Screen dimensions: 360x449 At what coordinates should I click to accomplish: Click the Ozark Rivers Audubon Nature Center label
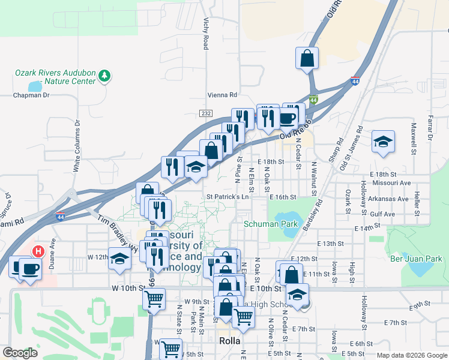coord(55,77)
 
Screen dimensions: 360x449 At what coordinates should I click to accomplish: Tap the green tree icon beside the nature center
coord(105,76)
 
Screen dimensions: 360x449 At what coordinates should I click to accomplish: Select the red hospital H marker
coord(38,251)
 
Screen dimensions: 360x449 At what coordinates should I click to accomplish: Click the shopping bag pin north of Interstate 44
coord(307,59)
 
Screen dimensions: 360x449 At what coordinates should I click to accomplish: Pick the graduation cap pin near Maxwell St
coord(383,142)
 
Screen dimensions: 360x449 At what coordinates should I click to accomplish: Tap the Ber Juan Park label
coord(416,259)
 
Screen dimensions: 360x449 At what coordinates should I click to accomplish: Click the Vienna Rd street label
coord(223,95)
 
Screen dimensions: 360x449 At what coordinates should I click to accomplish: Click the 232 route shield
coord(206,113)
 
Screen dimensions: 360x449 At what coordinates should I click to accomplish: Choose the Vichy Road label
coord(206,34)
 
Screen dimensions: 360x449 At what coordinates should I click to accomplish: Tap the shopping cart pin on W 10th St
coord(154,299)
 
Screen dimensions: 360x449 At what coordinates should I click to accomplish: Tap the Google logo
coord(20,353)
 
